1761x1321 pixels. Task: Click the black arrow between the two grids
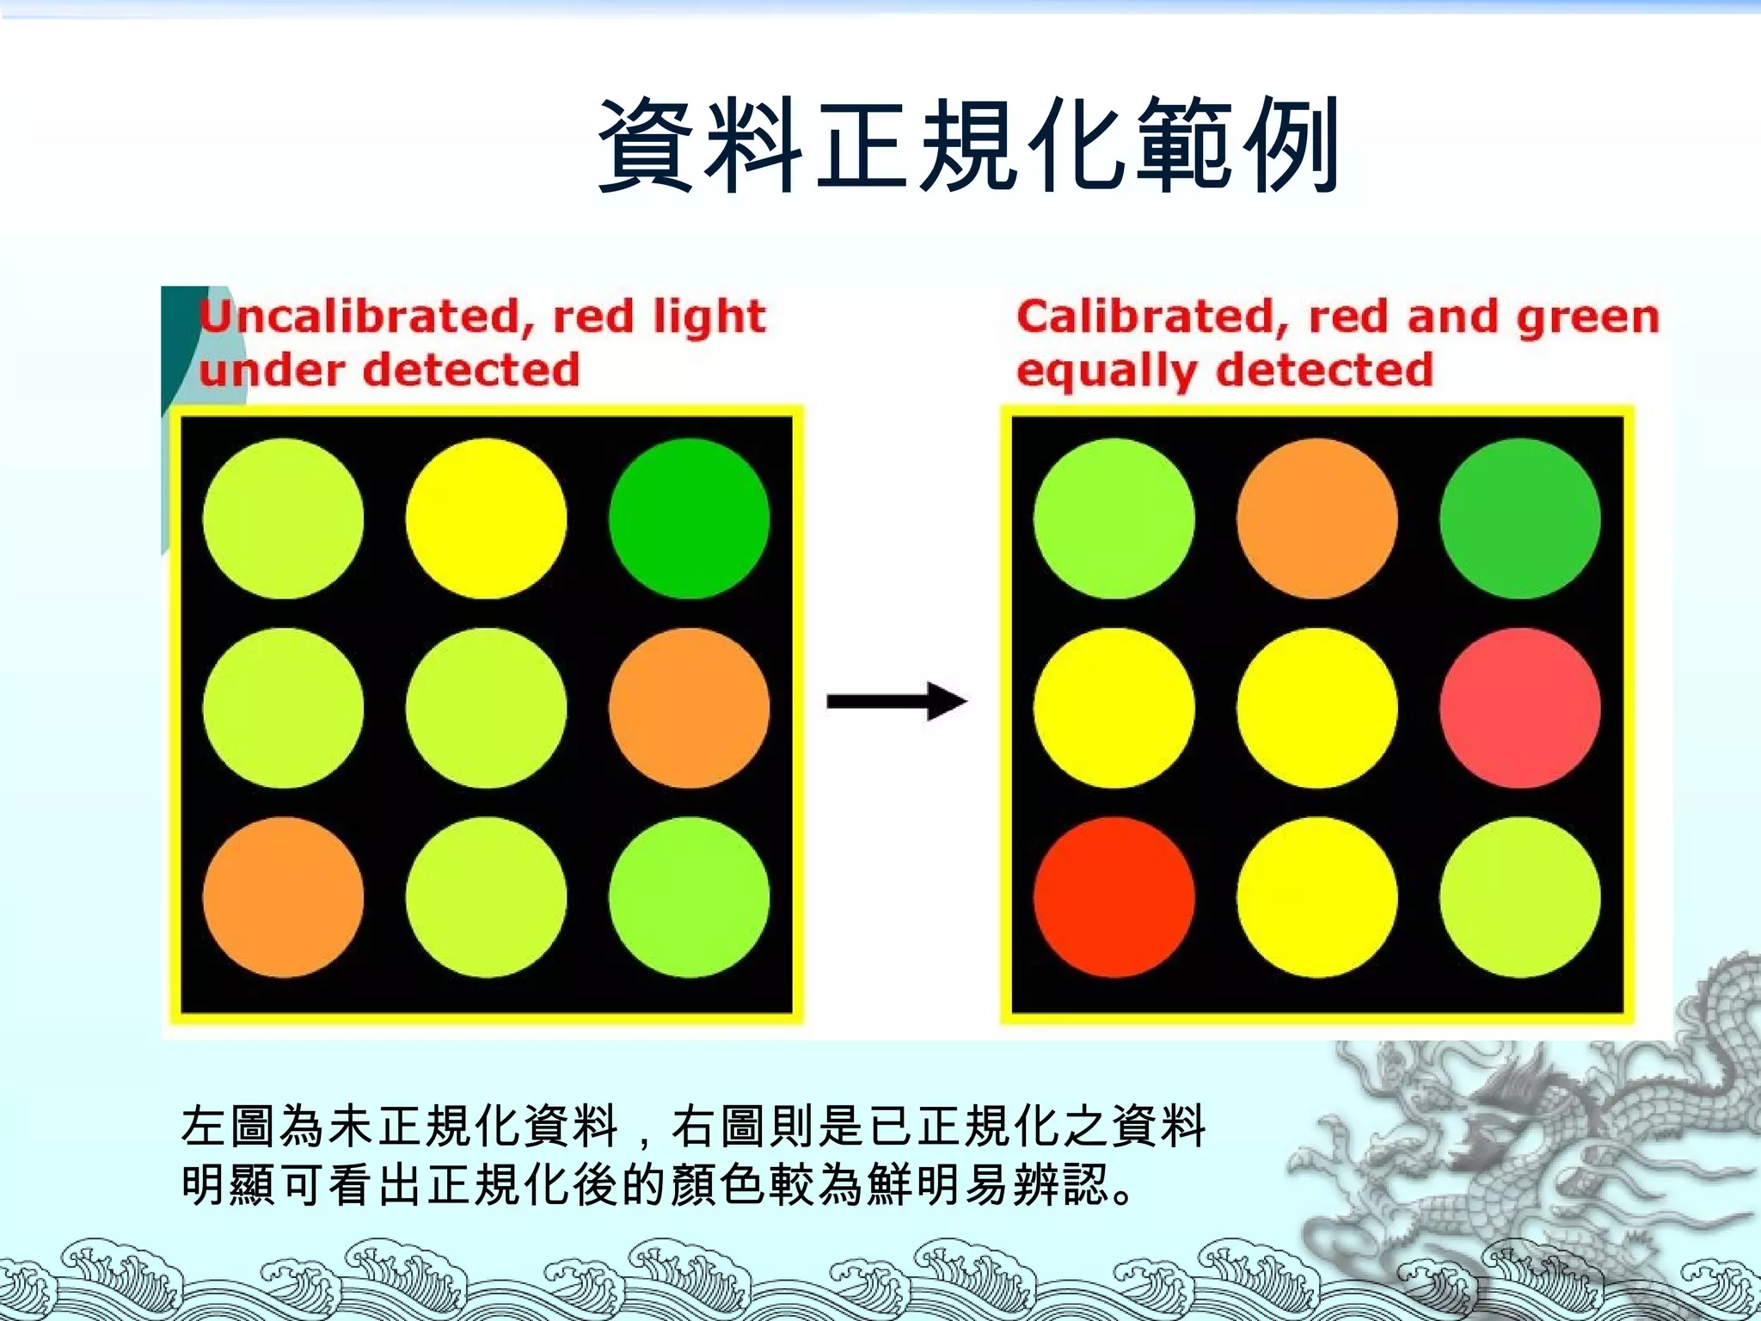click(x=896, y=702)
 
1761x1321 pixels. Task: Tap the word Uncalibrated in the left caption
click(x=361, y=316)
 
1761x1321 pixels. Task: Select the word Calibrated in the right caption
click(x=1152, y=316)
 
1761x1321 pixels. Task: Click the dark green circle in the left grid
click(x=689, y=519)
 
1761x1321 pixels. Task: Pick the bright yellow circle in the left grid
click(x=486, y=519)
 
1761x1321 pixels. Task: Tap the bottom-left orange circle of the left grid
click(x=283, y=897)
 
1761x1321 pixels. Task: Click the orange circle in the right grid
click(x=1316, y=519)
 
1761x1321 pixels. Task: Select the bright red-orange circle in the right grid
click(x=1114, y=897)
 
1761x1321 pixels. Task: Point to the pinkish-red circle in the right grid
click(x=1519, y=708)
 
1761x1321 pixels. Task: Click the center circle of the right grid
click(x=1316, y=708)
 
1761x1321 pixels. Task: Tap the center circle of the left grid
click(x=486, y=708)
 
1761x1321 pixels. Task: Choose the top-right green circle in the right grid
click(x=1519, y=519)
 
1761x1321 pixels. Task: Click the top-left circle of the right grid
click(x=1114, y=519)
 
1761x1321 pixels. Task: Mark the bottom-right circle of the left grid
click(x=689, y=897)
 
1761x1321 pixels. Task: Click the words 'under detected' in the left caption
click(x=389, y=371)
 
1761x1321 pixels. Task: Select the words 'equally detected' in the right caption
click(x=1224, y=371)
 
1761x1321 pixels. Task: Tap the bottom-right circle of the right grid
click(x=1519, y=897)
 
